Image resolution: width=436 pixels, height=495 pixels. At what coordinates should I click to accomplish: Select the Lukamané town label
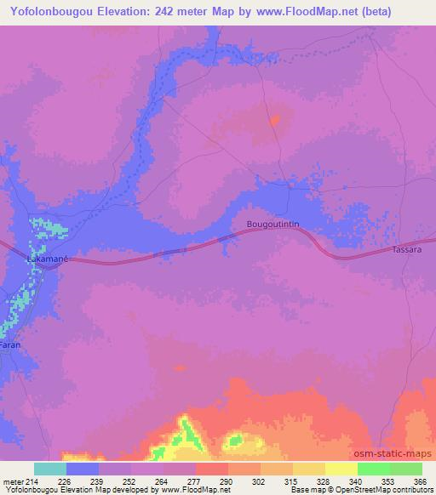point(48,256)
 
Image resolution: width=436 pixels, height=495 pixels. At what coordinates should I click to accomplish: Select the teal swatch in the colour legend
point(50,469)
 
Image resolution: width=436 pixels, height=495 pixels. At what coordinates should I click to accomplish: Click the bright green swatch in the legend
point(373,469)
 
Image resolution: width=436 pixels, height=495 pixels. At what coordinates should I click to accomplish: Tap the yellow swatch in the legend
point(341,469)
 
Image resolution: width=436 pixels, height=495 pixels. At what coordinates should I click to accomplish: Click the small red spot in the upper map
point(274,120)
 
